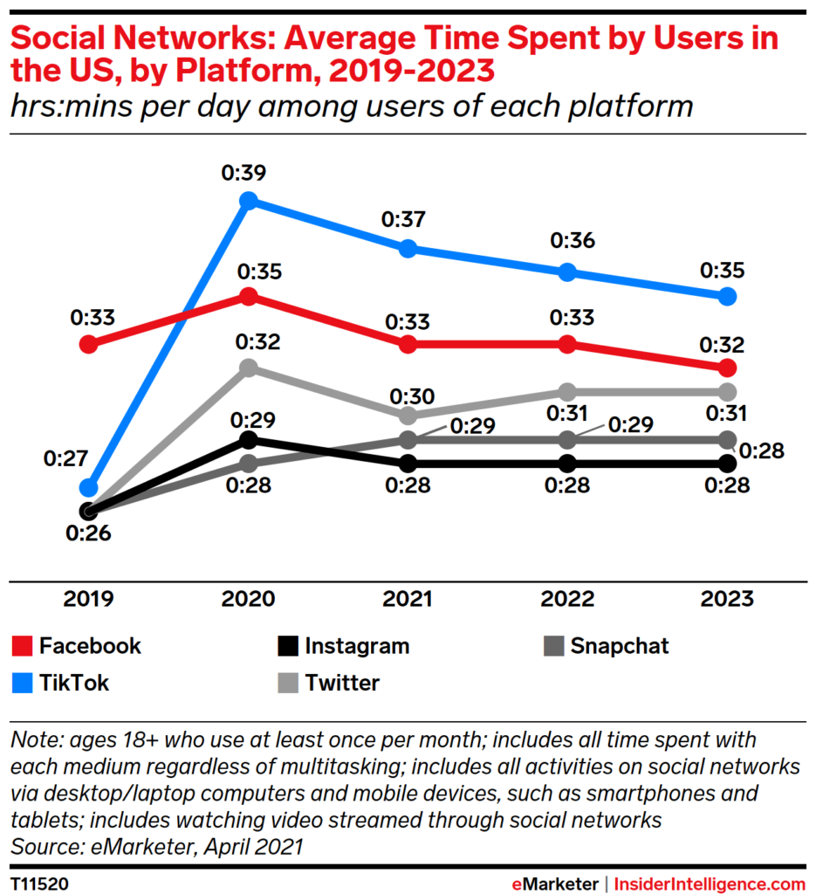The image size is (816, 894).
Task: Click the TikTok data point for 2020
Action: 249,201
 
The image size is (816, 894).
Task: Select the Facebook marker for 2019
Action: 88,344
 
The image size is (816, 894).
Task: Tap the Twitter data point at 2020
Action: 249,368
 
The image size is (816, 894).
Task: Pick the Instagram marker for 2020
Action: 249,439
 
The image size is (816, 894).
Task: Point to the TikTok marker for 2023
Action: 728,296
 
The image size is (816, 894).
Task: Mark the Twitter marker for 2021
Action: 408,415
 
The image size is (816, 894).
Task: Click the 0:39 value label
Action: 249,172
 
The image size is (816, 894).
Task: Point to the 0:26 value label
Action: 86,534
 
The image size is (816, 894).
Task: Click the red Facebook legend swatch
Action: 23,646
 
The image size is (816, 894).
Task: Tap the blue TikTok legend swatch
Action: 23,683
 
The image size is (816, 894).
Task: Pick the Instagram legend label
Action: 357,646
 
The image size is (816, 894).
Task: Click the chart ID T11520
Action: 39,884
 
